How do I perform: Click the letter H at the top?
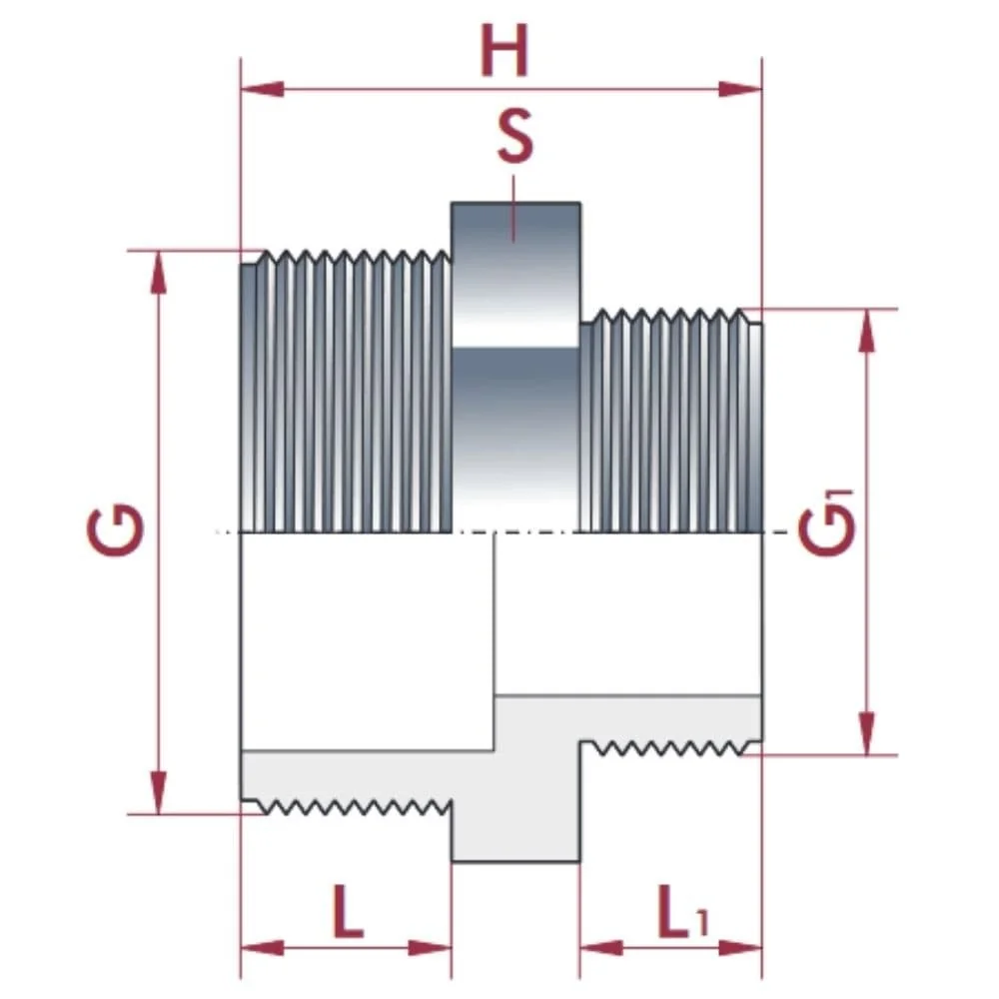click(x=503, y=51)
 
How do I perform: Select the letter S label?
click(x=514, y=139)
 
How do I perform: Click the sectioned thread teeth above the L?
click(x=350, y=804)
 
